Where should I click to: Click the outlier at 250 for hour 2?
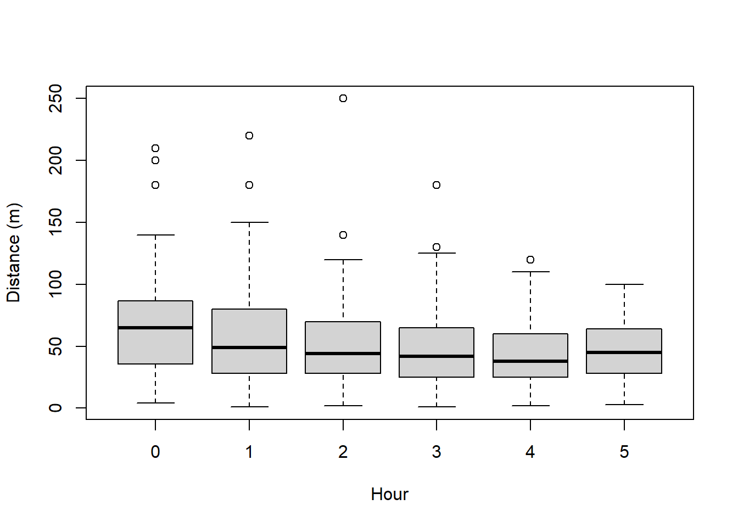coord(343,98)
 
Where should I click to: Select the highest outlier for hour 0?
coord(155,148)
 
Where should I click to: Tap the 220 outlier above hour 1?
coord(249,136)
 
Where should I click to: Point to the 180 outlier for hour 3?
coord(437,185)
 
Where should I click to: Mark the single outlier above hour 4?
coord(530,260)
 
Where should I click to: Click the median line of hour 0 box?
coord(155,328)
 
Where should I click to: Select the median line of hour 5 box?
coord(624,352)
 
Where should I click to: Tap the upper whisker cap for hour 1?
coord(249,222)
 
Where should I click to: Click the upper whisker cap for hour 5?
coord(624,284)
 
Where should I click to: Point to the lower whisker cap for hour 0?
coord(155,403)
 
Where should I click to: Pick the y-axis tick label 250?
coord(55,98)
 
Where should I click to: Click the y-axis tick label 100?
coord(55,284)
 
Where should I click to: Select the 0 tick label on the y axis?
coord(55,408)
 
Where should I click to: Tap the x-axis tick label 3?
coord(437,452)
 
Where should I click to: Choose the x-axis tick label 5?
coord(624,452)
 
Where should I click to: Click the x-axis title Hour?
coord(389,494)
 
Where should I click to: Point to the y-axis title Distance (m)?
coord(13,253)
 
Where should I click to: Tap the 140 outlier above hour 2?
coord(343,235)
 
